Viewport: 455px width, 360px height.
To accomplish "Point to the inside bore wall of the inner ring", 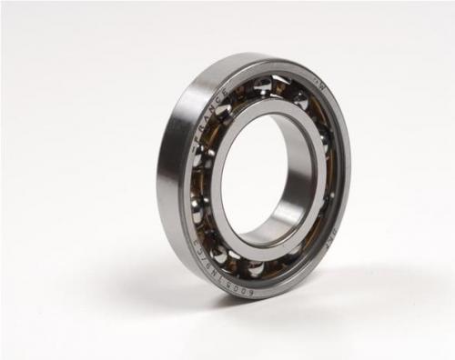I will tap(300, 182).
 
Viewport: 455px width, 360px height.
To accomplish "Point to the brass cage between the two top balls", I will tap(282, 89).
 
